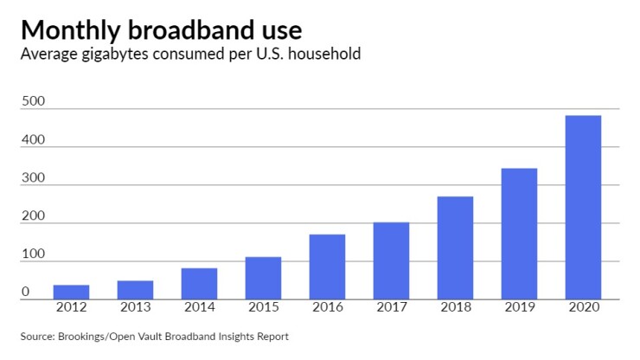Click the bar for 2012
point(71,292)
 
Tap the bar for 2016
point(327,267)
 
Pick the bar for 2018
point(455,247)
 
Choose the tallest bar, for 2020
point(583,208)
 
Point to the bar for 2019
point(519,234)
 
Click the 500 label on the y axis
point(33,102)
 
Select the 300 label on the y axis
point(33,178)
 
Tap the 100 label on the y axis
point(33,254)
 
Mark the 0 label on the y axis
point(26,292)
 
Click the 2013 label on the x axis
point(135,309)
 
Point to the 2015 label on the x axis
point(263,309)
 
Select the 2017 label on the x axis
point(391,309)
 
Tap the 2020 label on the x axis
point(583,309)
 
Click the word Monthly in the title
point(72,30)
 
